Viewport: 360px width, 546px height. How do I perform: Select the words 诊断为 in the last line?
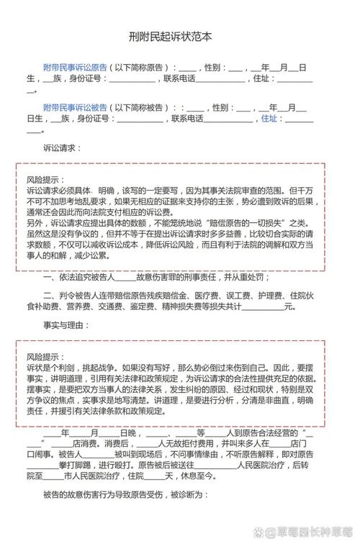click(x=192, y=495)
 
